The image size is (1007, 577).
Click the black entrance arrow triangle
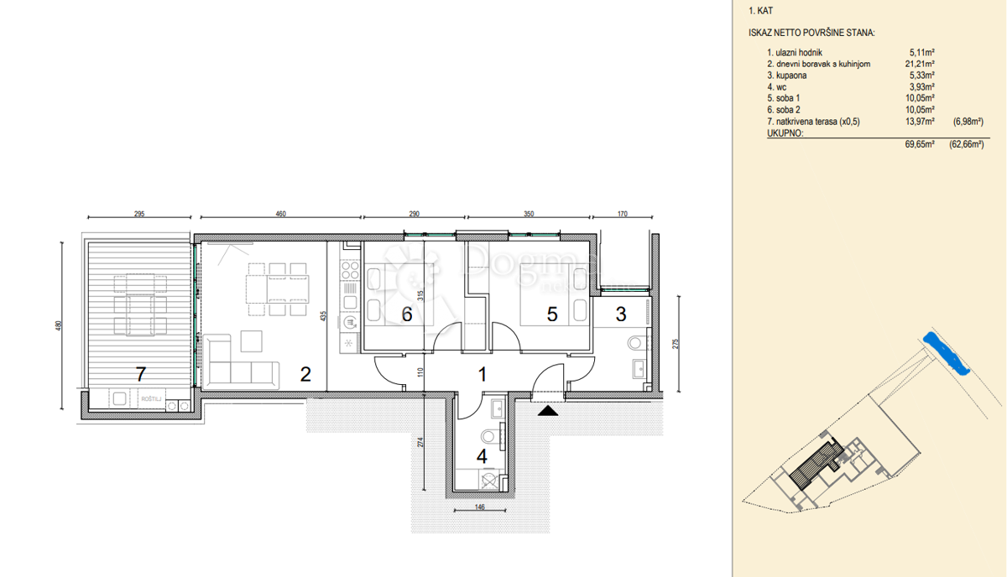(x=548, y=411)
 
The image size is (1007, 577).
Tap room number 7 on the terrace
(x=141, y=374)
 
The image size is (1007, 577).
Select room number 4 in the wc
(x=482, y=456)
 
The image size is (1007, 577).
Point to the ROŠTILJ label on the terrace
(x=150, y=399)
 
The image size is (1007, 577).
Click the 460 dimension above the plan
(x=280, y=214)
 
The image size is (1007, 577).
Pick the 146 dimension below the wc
(x=480, y=507)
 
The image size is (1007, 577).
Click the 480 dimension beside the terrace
(x=58, y=325)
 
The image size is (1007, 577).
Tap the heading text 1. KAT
(x=760, y=11)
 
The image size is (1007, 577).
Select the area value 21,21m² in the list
(x=920, y=64)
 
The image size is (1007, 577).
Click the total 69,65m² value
(x=920, y=144)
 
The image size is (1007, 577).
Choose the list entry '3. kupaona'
(x=787, y=75)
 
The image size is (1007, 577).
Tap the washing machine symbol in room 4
(x=489, y=481)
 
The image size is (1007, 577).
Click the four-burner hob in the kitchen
(x=350, y=271)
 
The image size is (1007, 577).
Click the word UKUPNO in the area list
(x=785, y=133)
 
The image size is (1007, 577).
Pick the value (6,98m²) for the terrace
(x=968, y=122)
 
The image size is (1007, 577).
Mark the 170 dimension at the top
(x=622, y=214)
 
